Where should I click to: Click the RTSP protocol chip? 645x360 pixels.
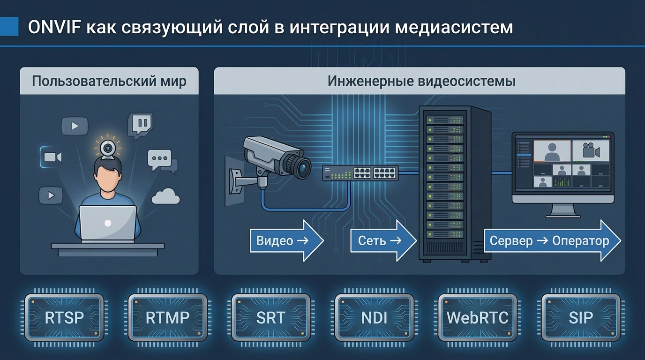click(x=64, y=317)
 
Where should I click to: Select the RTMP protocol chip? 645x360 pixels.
click(x=167, y=317)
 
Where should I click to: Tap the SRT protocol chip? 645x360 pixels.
click(x=270, y=317)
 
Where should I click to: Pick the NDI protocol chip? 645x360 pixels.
click(x=374, y=317)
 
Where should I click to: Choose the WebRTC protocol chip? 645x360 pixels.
click(x=477, y=317)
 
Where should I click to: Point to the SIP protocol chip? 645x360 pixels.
click(x=581, y=317)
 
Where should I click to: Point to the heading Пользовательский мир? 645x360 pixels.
click(x=109, y=81)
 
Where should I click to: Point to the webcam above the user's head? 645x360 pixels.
click(x=108, y=148)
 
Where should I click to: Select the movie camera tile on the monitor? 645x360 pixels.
click(x=590, y=151)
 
